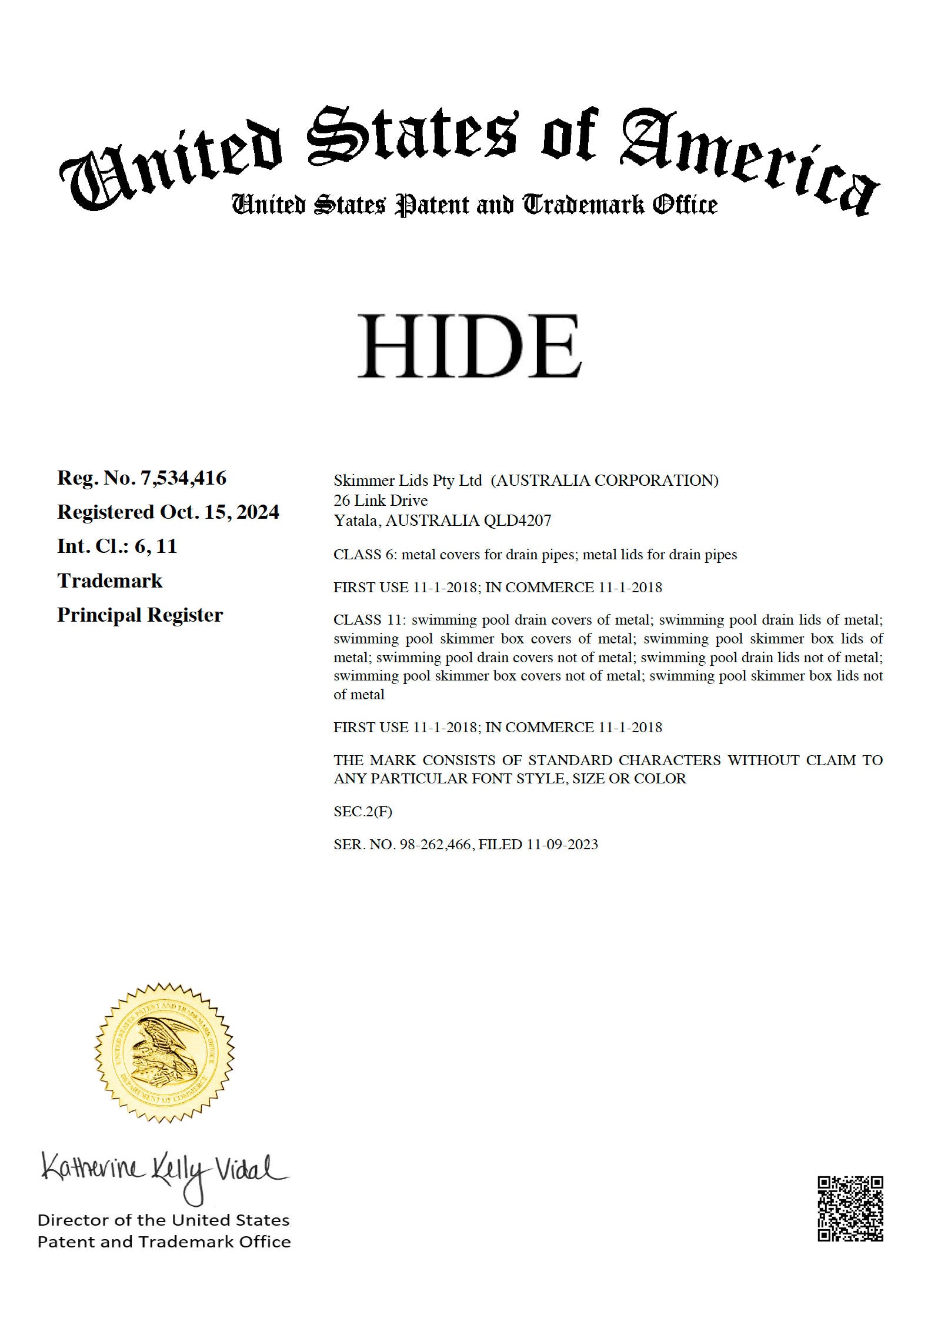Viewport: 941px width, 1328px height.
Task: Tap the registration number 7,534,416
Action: click(x=182, y=478)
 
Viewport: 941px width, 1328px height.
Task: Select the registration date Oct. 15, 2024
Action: click(x=219, y=512)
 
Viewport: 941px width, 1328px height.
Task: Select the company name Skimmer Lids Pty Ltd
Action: click(x=408, y=481)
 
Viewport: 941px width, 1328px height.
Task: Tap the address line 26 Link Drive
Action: click(x=381, y=500)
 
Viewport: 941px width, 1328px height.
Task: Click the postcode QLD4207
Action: click(x=517, y=520)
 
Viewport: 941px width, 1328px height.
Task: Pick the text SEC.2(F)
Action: click(x=362, y=812)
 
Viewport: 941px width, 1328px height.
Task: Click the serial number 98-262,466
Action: click(x=435, y=845)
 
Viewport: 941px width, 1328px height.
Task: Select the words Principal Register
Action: click(x=140, y=615)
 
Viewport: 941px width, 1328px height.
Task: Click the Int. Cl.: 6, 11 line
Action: click(x=117, y=546)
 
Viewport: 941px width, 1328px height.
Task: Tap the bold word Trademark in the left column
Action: click(x=109, y=580)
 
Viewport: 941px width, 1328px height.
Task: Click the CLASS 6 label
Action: click(x=365, y=555)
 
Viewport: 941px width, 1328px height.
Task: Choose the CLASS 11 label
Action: click(x=369, y=620)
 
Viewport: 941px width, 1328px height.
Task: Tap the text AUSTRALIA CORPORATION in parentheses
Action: click(x=605, y=481)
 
